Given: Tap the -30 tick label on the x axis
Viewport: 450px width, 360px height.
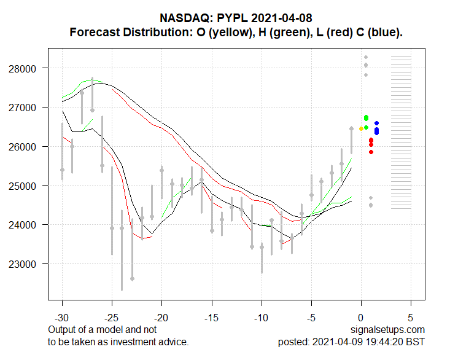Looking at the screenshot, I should point(62,319).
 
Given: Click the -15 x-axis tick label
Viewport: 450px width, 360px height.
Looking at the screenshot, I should point(212,319).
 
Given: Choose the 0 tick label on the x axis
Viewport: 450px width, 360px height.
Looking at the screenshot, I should point(361,319).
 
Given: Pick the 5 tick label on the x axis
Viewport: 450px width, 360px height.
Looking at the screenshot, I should point(411,319).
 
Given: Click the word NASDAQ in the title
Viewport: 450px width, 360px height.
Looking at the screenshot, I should point(181,19).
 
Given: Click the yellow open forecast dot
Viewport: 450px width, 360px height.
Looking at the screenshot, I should point(361,128).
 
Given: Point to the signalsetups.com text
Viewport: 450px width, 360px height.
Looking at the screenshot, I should point(387,331).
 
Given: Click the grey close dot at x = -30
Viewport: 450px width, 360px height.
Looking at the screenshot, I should point(62,170).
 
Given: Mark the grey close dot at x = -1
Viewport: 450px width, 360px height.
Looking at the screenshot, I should point(352,129).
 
